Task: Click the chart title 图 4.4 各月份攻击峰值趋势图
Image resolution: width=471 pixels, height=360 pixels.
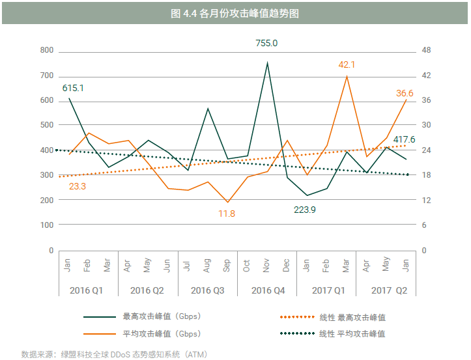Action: click(x=235, y=13)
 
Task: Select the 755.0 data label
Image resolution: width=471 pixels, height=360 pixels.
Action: click(x=266, y=43)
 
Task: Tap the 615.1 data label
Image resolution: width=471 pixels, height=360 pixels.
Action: click(x=73, y=87)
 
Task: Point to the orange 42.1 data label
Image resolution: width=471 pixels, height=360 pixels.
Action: click(x=347, y=64)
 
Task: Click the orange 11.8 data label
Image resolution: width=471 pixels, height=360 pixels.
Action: click(x=227, y=214)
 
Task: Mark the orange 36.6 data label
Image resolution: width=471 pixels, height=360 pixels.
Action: click(x=405, y=93)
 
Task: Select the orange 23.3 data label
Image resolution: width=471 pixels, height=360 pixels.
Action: click(x=78, y=186)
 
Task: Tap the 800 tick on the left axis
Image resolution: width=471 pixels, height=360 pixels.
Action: click(x=46, y=50)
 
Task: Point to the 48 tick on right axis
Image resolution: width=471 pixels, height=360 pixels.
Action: click(x=427, y=50)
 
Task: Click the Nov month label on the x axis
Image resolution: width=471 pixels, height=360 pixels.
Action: click(x=267, y=266)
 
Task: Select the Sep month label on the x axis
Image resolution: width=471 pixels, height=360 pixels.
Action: click(x=227, y=266)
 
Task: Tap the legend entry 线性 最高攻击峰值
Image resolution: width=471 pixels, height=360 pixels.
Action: click(x=352, y=317)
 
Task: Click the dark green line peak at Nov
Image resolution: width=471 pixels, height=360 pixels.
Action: click(x=267, y=62)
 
